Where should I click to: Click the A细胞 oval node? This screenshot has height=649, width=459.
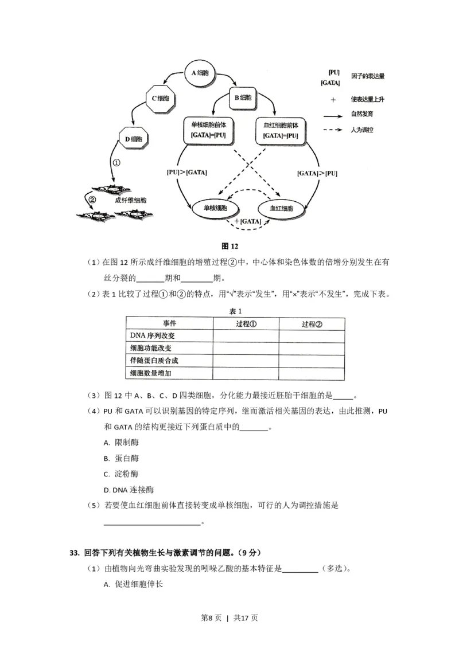[x=200, y=73]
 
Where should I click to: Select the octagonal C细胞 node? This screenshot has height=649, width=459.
[x=158, y=97]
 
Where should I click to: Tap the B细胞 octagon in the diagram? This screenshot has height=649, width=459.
[x=246, y=97]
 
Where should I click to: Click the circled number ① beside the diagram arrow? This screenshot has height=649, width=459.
[x=116, y=163]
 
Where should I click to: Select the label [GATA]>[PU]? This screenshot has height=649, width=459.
[x=317, y=173]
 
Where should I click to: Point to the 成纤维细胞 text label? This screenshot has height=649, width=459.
[x=131, y=200]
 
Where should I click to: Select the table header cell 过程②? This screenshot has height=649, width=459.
[x=312, y=323]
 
